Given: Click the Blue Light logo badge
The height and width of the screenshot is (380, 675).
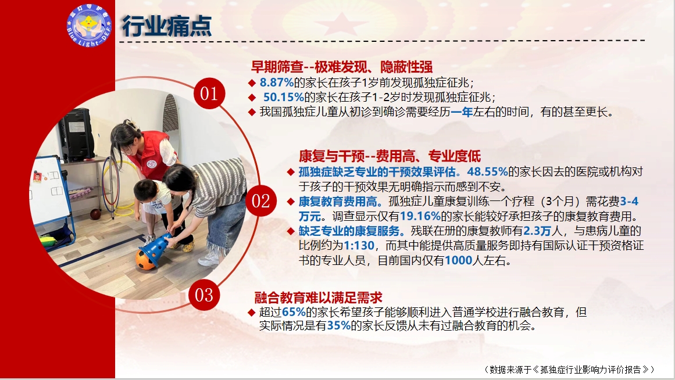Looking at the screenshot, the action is tap(89, 25).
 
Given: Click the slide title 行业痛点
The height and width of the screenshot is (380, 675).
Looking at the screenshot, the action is tap(167, 26).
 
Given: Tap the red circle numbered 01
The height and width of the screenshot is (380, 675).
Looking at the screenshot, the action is tap(209, 94).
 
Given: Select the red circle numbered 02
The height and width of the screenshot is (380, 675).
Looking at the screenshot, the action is tap(261, 201).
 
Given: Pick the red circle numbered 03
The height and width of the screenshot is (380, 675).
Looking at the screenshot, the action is tap(203, 295).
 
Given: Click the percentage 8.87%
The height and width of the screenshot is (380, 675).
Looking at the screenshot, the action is tap(276, 82).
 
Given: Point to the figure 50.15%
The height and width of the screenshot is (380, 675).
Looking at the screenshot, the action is tap(284, 97).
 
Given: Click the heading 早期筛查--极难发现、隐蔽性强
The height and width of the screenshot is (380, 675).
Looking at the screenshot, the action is tap(342, 67).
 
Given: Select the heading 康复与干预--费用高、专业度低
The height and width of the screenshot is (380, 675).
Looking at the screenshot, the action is tap(390, 156).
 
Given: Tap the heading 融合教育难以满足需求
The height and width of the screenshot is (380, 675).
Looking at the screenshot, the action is tap(318, 297).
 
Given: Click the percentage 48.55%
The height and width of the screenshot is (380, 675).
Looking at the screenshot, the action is tap(487, 172).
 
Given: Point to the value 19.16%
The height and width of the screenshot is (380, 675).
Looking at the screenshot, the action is tap(420, 216).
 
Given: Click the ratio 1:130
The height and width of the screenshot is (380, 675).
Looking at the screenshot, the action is tap(359, 246).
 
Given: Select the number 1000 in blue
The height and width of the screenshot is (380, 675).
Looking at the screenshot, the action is tap(459, 260).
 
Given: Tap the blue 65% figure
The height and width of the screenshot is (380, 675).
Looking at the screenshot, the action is tap(294, 312).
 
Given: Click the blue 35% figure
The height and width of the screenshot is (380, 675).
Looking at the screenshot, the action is tap(339, 326).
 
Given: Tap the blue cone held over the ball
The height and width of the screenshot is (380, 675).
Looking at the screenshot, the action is tap(156, 248).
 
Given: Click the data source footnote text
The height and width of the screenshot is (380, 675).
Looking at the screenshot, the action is tap(569, 369).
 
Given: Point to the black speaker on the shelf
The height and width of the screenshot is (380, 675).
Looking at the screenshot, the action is tap(77, 135).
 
